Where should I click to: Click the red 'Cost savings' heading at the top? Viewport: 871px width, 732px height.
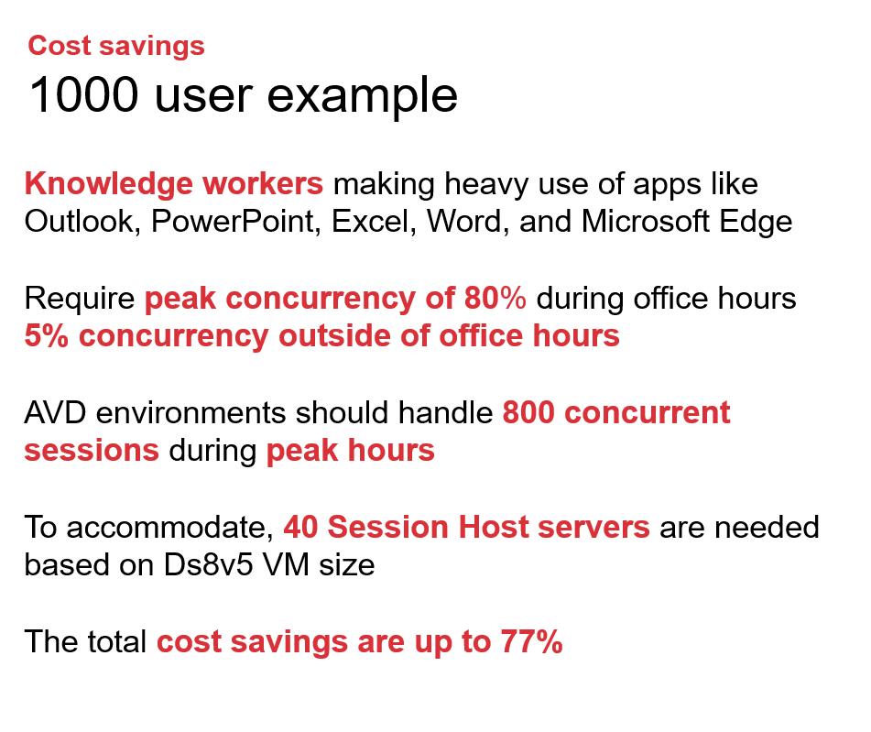(x=116, y=46)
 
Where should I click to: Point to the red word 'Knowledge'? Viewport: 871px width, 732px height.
(x=98, y=184)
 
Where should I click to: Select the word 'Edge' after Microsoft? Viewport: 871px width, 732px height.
(x=757, y=222)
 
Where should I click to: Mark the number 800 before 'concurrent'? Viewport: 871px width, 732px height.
(x=528, y=413)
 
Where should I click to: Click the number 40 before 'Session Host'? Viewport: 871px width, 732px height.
(x=300, y=528)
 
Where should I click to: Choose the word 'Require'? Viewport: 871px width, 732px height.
(x=80, y=300)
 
